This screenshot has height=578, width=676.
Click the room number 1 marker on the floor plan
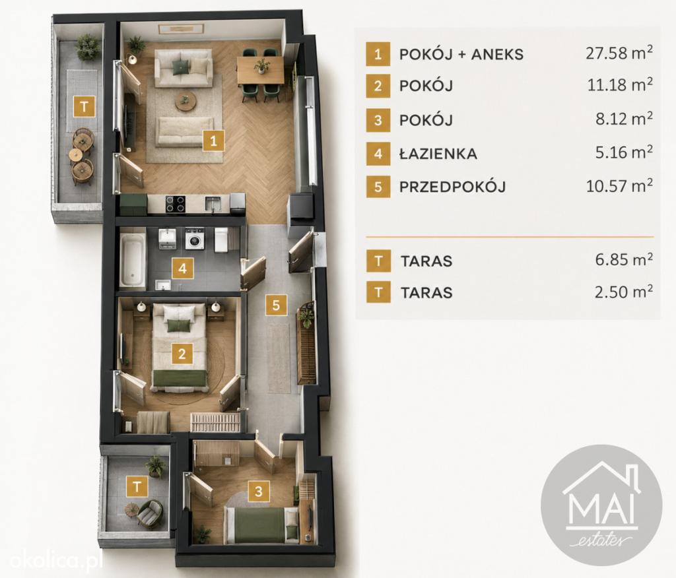pos(214,140)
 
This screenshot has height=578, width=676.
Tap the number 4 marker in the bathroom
pos(182,269)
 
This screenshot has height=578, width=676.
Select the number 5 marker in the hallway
pos(276,305)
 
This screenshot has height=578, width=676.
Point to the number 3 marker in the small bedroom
pos(259,492)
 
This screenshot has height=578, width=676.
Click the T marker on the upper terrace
pos(84,106)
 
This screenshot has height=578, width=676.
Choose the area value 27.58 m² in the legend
pos(619,53)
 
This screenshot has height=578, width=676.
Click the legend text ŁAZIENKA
pos(438,154)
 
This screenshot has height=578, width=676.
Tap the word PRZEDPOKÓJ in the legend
pos(452,187)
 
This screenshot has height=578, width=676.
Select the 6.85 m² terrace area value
pos(624,259)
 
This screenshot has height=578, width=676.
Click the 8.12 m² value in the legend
pos(624,119)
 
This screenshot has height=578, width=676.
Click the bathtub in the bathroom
pos(132,260)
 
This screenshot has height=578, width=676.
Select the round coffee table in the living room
pos(186,102)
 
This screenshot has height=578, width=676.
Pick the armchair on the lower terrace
pos(150,512)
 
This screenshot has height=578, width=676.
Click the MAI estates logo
pos(601,505)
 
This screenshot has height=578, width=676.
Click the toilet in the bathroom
pos(222,240)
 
